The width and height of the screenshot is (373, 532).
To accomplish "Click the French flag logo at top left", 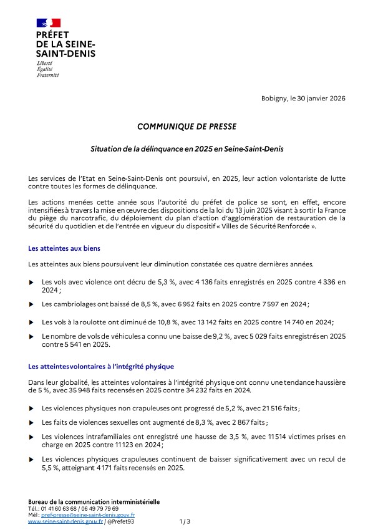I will [x=48, y=23].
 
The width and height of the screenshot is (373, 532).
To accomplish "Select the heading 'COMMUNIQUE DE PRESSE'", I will [x=186, y=127].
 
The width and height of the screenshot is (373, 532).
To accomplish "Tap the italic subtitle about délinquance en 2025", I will [x=186, y=150].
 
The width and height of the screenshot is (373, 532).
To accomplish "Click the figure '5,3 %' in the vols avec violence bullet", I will [x=152, y=283].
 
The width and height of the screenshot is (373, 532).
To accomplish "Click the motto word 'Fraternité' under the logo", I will [x=47, y=75].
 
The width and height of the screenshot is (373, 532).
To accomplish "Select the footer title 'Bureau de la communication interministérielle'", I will [x=94, y=501].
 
